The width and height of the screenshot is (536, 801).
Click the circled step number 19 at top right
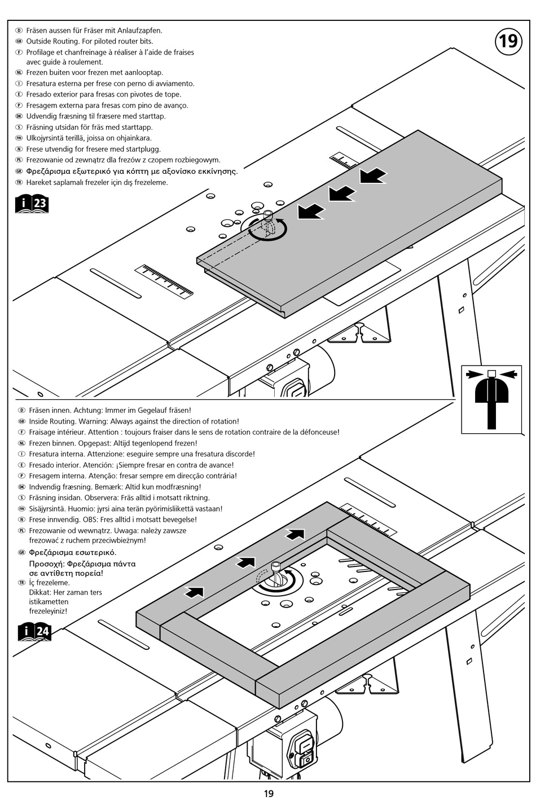coord(508,42)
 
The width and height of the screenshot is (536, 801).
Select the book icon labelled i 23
coord(32,204)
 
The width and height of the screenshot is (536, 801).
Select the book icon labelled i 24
coord(34,632)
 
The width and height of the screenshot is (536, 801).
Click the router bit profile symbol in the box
coord(491,399)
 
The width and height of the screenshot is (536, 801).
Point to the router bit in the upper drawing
coord(267,223)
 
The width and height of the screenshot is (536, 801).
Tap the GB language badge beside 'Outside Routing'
coord(19,42)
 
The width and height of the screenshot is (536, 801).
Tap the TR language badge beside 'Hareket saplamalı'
coord(19,182)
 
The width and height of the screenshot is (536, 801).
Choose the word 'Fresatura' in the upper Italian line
coord(41,83)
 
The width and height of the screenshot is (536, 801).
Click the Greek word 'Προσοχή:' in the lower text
coord(46,564)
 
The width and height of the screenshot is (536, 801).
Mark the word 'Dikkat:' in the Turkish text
coord(39,592)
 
